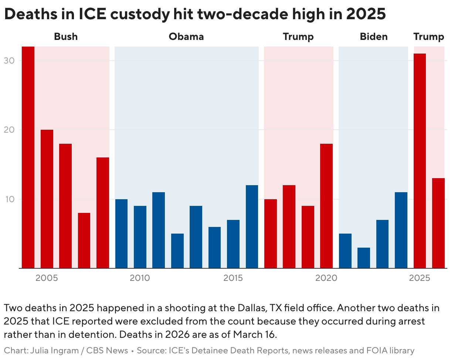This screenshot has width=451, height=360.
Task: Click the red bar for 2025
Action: tap(420, 161)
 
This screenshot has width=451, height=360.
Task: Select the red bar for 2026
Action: tap(438, 223)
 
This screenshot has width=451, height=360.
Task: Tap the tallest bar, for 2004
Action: tap(28, 157)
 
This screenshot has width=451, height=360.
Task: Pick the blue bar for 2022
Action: tap(364, 258)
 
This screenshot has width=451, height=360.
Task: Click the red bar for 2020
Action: tap(326, 206)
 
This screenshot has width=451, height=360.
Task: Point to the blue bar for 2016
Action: tap(252, 227)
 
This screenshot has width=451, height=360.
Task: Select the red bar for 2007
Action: tap(84, 240)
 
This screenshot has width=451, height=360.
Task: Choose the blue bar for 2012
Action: tap(177, 251)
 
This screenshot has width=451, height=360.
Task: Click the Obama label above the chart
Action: tap(186, 37)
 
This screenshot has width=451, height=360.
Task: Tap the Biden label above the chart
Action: tap(374, 37)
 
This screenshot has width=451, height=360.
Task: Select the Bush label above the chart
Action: tap(66, 37)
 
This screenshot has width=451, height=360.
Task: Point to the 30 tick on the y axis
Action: tap(9, 61)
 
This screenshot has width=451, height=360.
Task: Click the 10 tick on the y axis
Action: tap(9, 199)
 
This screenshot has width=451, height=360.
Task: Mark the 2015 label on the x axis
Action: tap(233, 278)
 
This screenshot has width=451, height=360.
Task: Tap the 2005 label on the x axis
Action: tap(47, 278)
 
